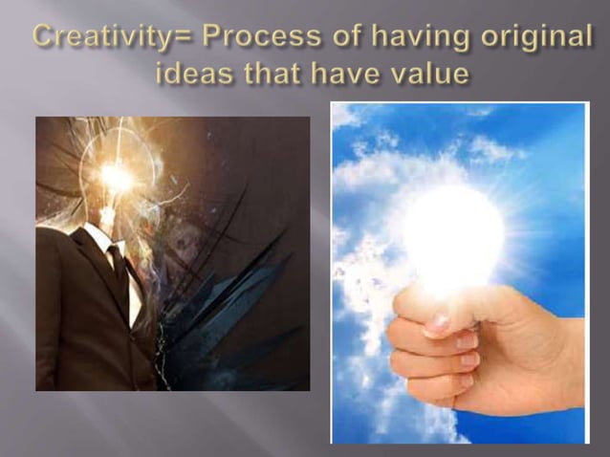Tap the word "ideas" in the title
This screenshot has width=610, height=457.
pos(192,74)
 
